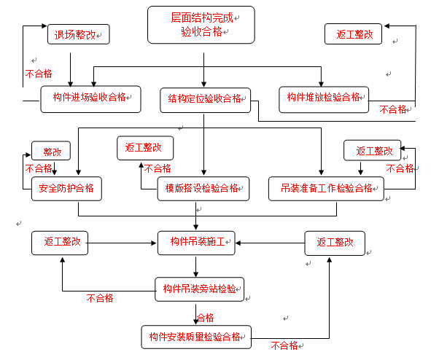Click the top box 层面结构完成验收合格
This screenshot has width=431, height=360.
pos(201,25)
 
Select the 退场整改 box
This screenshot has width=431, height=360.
pos(79,34)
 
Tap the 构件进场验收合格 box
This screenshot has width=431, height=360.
pos(90,99)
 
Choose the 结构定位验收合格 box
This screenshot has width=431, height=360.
pos(206,101)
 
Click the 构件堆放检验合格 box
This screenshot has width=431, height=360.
pos(324,100)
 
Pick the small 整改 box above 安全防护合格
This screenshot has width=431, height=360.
pos(51,151)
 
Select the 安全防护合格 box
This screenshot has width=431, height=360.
pos(66,189)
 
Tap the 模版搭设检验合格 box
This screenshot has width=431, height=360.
pos(203,189)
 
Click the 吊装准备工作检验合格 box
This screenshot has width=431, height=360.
pos(326,189)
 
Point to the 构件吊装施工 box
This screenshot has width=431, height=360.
pos(196,243)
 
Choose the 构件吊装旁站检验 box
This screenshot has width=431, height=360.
pos(200,289)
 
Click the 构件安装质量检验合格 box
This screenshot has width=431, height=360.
pos(196,337)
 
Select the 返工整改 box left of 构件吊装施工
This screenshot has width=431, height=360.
pos(60,243)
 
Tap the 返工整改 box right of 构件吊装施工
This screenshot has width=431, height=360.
pos(335,243)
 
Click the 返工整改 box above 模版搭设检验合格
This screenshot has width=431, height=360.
pos(145,148)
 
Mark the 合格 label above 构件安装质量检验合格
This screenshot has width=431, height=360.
pos(206,318)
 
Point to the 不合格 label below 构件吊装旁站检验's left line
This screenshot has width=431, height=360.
pos(100,298)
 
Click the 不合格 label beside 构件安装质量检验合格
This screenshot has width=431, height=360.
pos(284,345)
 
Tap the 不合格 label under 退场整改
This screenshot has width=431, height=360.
pos(39,74)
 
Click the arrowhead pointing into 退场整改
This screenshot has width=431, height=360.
pos(44,26)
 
